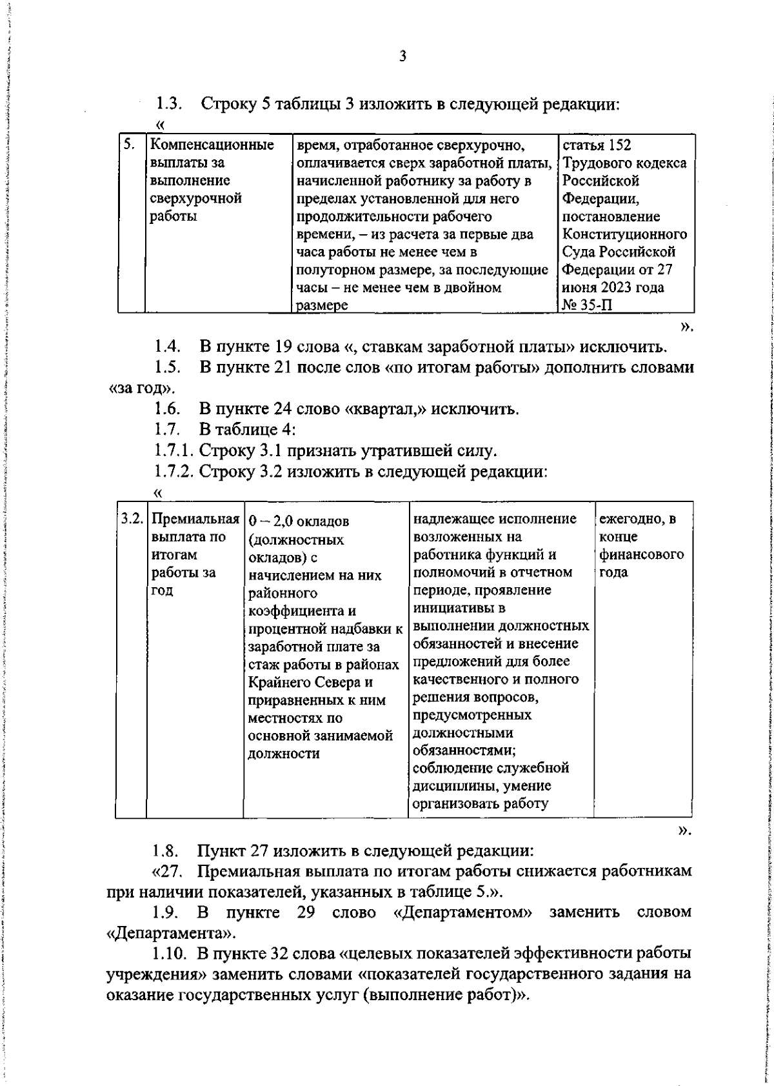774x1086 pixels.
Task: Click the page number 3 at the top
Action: coord(402,57)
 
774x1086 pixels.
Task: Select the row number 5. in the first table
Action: coord(129,145)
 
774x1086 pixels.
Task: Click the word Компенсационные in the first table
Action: coord(212,145)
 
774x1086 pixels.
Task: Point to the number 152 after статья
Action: coord(619,145)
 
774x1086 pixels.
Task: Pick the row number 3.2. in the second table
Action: coord(132,519)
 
